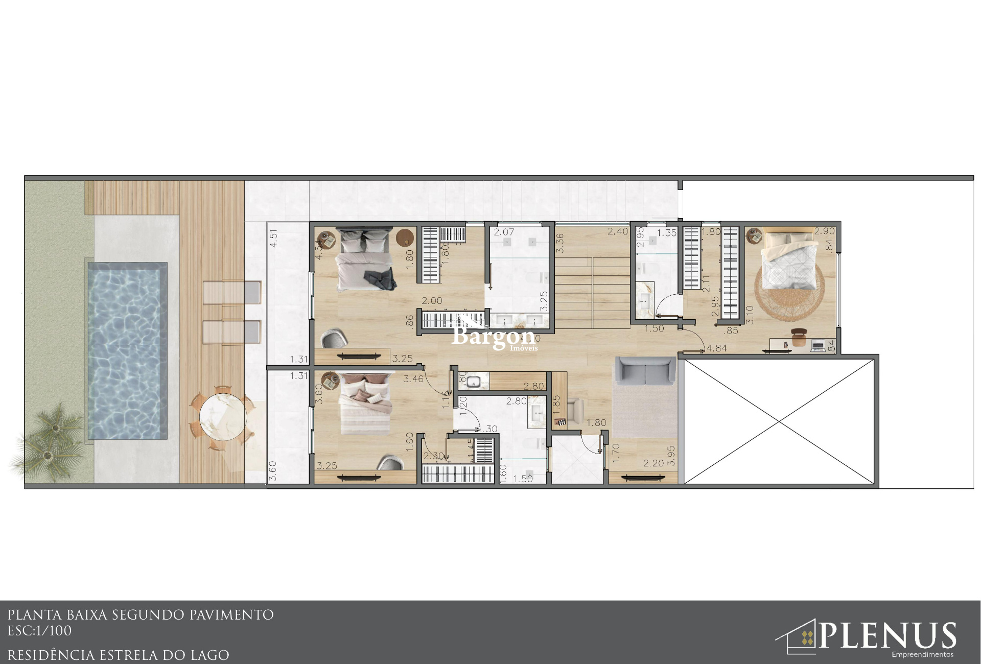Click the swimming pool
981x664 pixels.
(x=127, y=351)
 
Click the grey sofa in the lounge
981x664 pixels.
(x=645, y=371)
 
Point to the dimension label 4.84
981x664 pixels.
(x=717, y=348)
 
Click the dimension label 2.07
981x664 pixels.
(x=504, y=232)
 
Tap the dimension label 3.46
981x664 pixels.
(x=413, y=379)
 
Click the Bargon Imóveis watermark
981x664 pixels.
(x=494, y=337)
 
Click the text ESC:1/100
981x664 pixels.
(x=39, y=631)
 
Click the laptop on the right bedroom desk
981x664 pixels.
(x=818, y=346)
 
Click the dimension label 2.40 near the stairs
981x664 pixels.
(x=618, y=232)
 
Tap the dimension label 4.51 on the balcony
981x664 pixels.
(x=273, y=238)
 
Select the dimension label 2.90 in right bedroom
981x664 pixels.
(x=824, y=231)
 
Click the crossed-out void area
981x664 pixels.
(x=779, y=421)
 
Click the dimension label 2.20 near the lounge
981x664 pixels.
(x=653, y=464)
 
